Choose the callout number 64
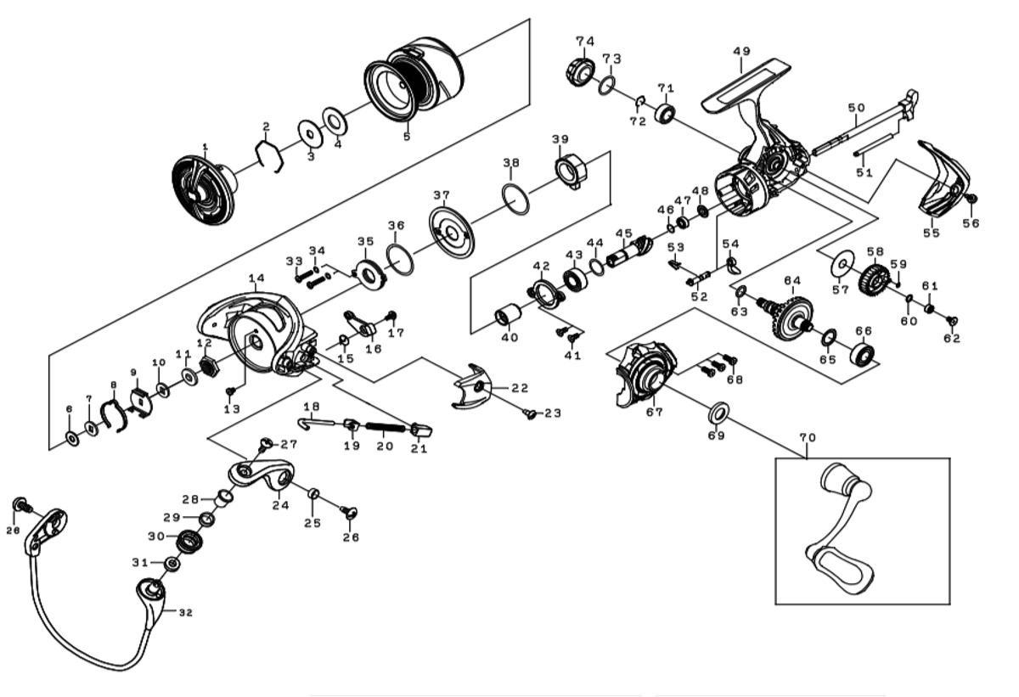[x=792, y=280]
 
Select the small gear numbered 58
[x=874, y=277]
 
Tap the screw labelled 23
[x=532, y=414]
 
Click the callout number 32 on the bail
[x=186, y=612]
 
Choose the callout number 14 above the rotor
[x=256, y=278]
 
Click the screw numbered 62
[x=952, y=321]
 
